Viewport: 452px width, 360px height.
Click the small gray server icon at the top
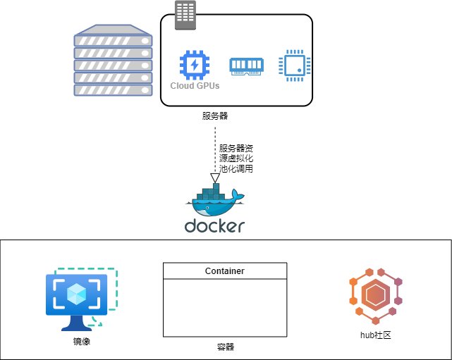point(185,15)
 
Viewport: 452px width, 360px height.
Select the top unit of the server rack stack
point(113,40)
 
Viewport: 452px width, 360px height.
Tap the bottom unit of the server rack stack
point(113,89)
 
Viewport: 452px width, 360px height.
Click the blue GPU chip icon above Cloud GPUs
point(195,65)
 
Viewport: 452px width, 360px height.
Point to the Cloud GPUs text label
point(195,86)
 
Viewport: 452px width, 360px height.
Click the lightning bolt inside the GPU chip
point(195,65)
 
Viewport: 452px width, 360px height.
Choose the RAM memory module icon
point(246,66)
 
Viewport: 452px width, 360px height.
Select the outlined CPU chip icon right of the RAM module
point(295,66)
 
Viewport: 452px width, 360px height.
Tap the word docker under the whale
point(214,226)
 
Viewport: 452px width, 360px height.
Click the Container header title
point(225,271)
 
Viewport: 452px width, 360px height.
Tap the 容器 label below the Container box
point(225,347)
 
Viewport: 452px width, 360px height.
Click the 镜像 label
point(82,342)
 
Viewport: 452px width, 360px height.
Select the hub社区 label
point(375,335)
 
